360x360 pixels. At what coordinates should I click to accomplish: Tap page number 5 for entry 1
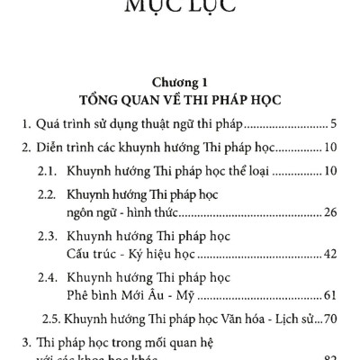coord(333,123)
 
